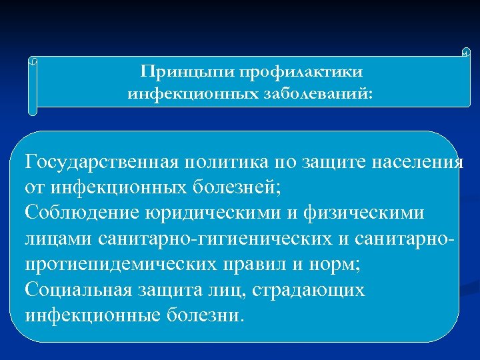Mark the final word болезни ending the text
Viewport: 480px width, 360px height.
207,315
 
